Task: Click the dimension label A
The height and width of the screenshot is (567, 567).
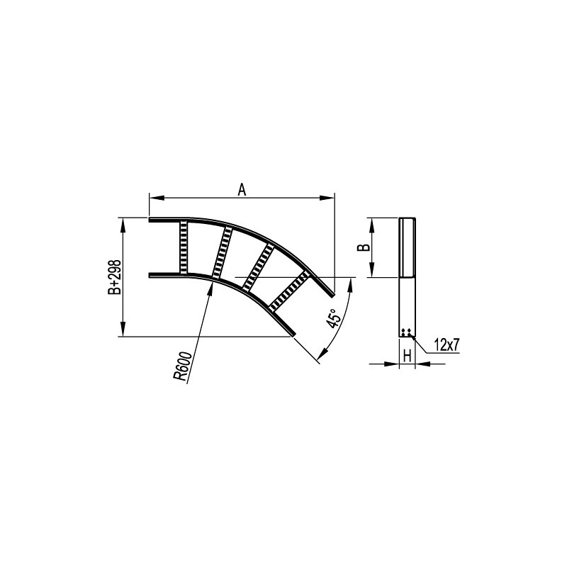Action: (242, 189)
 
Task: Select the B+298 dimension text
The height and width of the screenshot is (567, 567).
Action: (114, 277)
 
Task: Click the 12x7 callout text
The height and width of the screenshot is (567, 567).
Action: (447, 346)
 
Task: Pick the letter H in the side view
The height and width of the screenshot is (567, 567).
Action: (407, 357)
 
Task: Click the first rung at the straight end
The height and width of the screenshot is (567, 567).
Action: (184, 247)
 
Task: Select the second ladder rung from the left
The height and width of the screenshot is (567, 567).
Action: (222, 253)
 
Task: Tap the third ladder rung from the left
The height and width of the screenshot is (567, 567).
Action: (258, 268)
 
